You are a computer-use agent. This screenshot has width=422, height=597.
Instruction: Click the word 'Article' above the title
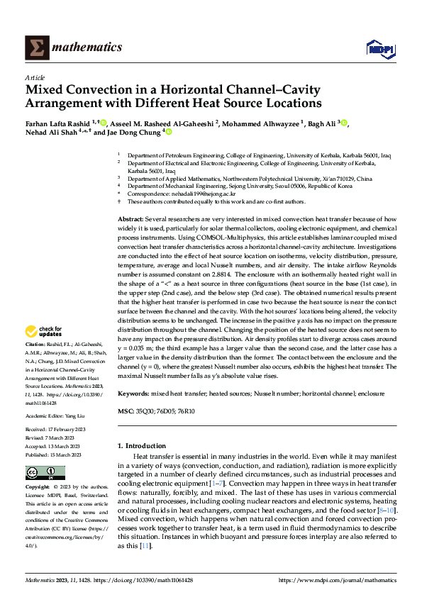point(35,77)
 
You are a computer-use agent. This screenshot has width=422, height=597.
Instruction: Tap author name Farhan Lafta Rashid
point(57,123)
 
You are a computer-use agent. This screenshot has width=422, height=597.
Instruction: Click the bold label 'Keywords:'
point(133,393)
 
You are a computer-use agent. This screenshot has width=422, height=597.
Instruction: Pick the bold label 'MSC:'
point(126,410)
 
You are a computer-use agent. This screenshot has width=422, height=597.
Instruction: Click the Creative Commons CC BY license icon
point(45,473)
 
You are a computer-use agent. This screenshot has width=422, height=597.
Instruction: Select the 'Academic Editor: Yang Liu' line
point(55,417)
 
